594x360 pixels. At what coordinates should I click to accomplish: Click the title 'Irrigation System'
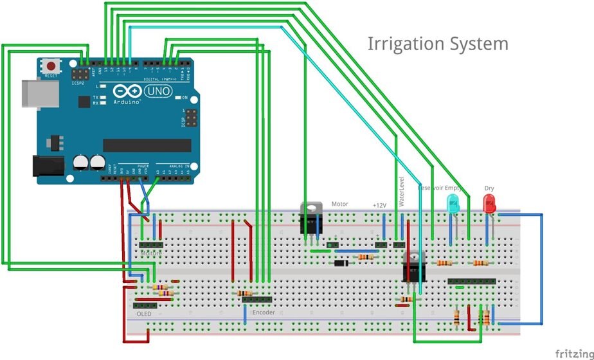tap(438, 44)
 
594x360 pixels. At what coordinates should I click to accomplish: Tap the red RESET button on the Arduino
tap(51, 66)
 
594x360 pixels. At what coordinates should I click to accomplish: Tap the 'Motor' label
tap(340, 204)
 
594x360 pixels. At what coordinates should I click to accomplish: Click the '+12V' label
tap(379, 205)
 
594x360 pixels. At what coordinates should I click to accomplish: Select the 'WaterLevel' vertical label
tap(403, 191)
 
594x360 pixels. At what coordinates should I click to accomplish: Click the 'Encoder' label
tap(264, 312)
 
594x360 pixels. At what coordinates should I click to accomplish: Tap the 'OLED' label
tap(144, 314)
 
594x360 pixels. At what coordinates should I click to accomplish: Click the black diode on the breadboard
tap(341, 263)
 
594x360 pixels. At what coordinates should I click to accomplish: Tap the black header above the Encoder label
tap(256, 299)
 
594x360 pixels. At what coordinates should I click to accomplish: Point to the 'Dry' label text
tap(489, 189)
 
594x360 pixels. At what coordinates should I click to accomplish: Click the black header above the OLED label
tap(145, 305)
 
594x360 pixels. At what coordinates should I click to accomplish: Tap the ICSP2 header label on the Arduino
tap(78, 82)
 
